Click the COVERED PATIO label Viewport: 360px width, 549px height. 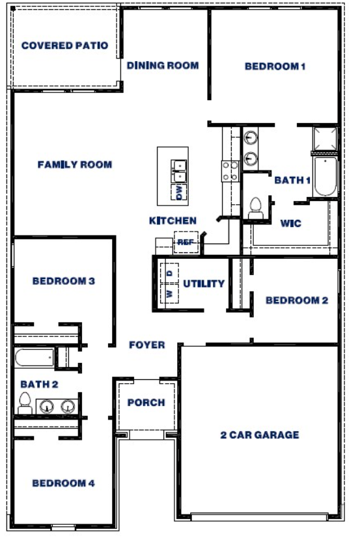click(64, 46)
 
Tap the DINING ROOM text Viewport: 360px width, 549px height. click(163, 65)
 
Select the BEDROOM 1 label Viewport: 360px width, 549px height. click(275, 66)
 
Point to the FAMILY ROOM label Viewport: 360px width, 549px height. click(74, 165)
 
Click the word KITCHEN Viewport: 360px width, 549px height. click(173, 221)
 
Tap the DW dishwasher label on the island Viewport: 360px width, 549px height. click(178, 192)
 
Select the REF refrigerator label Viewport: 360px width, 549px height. click(184, 242)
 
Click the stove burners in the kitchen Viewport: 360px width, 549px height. click(230, 171)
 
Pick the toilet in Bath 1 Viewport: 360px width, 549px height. click(255, 208)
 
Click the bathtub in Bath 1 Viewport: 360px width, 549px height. click(324, 176)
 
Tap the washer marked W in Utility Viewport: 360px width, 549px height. click(169, 294)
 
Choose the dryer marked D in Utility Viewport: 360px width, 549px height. click(169, 273)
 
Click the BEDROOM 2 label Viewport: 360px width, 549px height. click(296, 301)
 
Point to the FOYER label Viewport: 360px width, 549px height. click(146, 345)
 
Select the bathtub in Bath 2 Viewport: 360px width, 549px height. click(34, 357)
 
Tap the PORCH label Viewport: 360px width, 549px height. click(146, 403)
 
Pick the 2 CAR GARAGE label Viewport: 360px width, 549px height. click(259, 435)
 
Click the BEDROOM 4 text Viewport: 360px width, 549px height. click(63, 483)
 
